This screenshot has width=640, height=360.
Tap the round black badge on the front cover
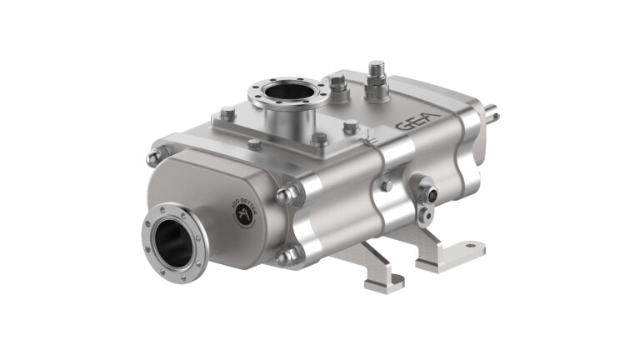point(244,213)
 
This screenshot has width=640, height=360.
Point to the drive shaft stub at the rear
point(495,107)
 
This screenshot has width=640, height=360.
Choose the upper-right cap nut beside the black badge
point(286,196)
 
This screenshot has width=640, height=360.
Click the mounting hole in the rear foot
point(471,247)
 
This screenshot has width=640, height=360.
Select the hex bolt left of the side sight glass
point(385,185)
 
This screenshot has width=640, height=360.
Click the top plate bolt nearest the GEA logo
point(351,127)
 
